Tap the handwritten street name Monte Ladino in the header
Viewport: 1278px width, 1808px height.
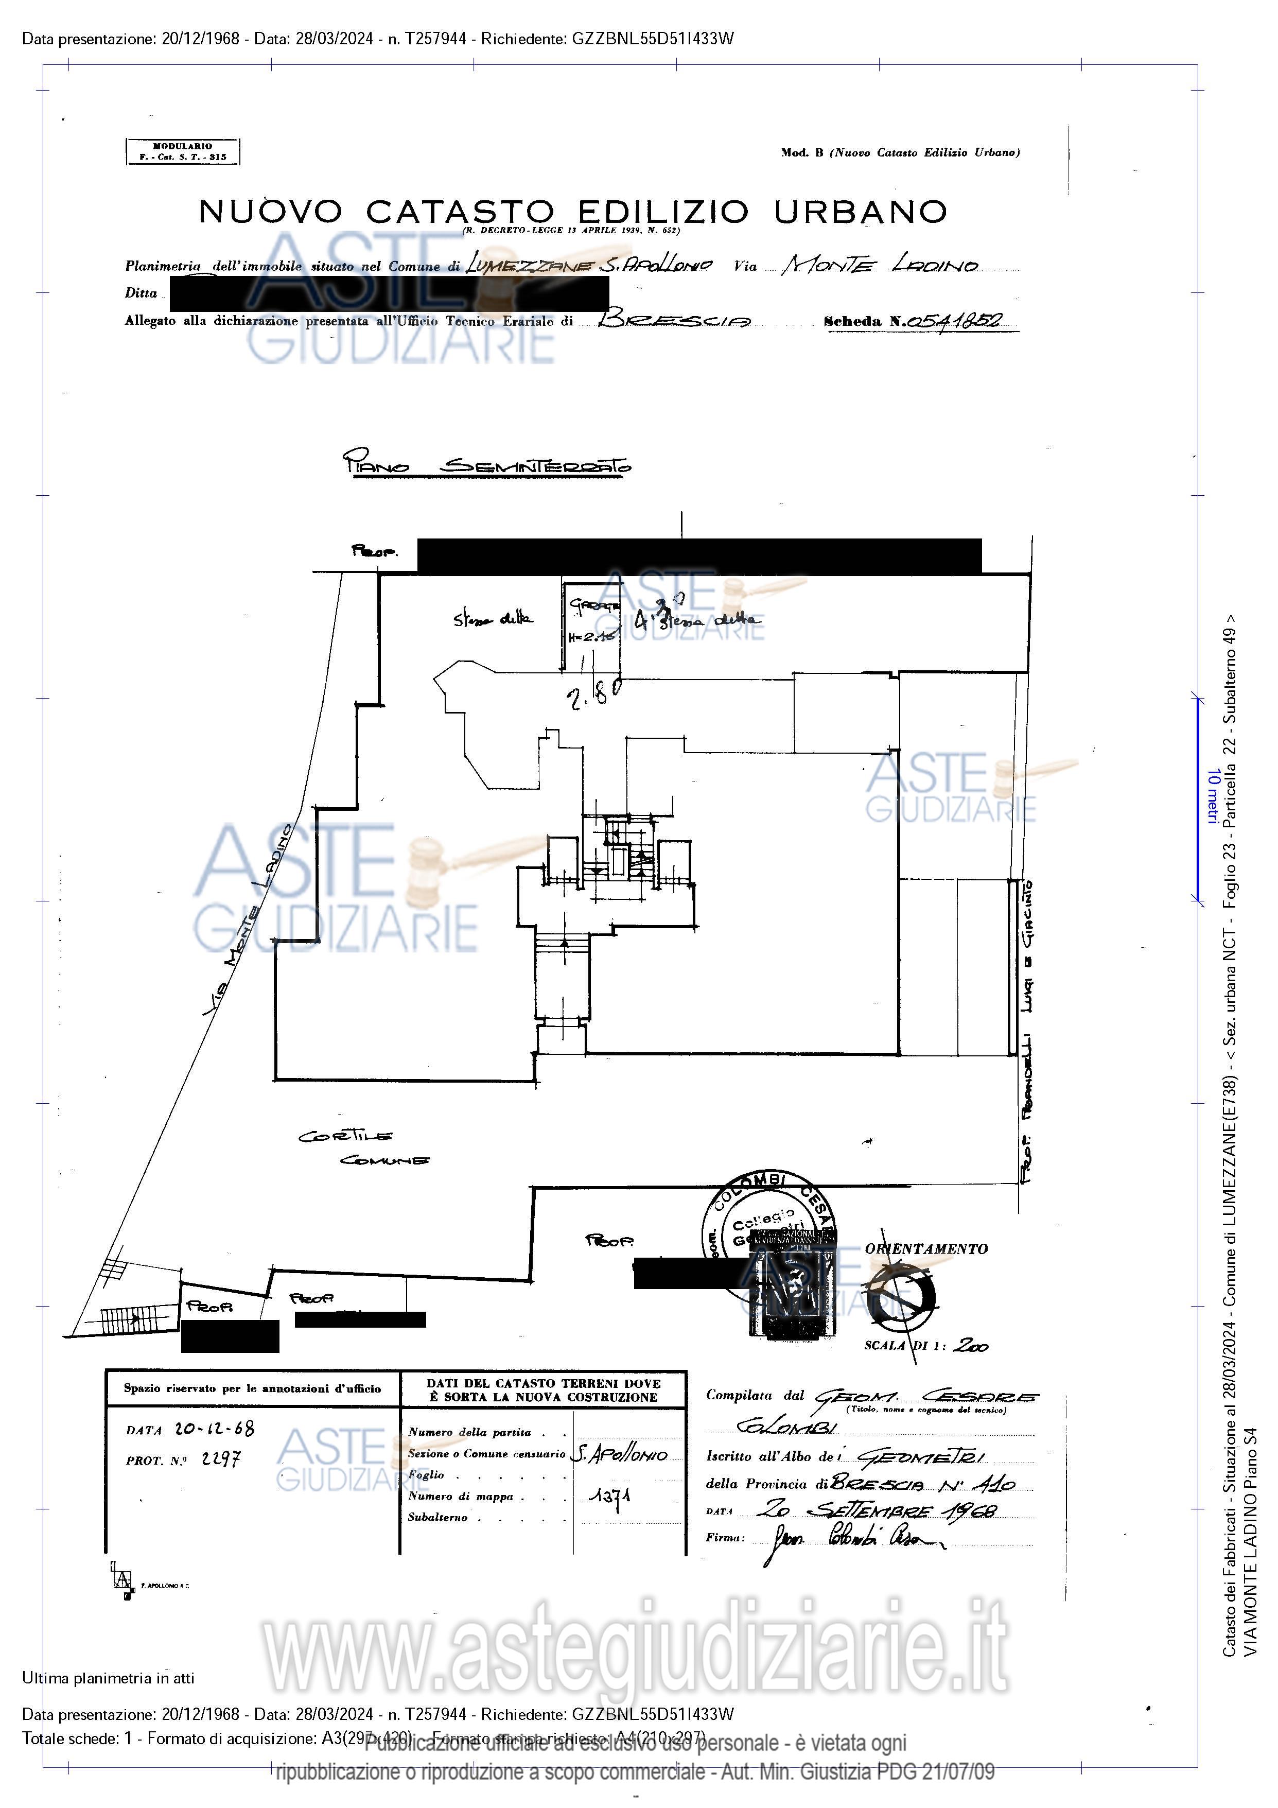click(880, 265)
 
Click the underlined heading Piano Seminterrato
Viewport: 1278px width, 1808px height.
click(486, 464)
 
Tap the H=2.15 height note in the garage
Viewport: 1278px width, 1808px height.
click(591, 637)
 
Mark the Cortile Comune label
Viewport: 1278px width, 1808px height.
click(363, 1148)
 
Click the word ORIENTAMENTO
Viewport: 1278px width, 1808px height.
click(925, 1248)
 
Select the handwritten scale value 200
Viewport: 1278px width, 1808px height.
click(971, 1346)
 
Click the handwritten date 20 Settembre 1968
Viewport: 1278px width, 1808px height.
click(877, 1510)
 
